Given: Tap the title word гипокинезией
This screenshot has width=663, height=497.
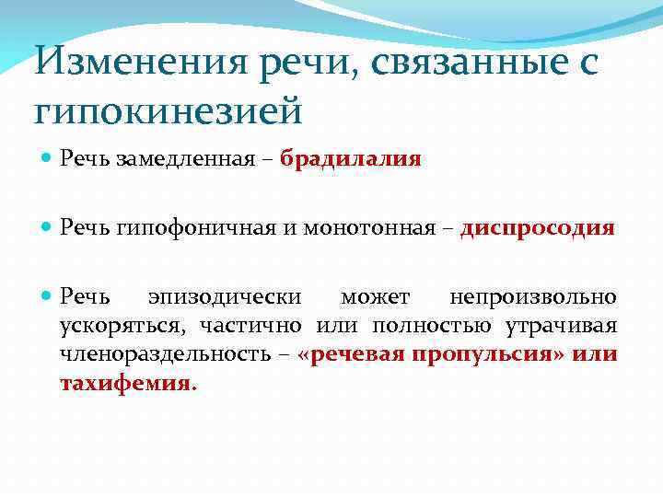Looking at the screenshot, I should click(169, 111).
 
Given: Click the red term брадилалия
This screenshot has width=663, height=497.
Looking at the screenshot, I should click(351, 159).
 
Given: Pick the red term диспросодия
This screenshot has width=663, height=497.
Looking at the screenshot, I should click(537, 227).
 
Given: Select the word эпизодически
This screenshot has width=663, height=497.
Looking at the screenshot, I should click(225, 296).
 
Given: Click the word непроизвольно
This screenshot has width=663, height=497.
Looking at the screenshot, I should click(533, 296).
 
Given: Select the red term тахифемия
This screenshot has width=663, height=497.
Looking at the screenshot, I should click(125, 383).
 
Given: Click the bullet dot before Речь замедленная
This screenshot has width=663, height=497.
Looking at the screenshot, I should click(47, 159).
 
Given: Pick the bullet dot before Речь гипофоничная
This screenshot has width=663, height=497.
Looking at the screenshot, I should click(47, 227).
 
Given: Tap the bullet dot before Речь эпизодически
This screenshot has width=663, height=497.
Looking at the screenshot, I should click(47, 296).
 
